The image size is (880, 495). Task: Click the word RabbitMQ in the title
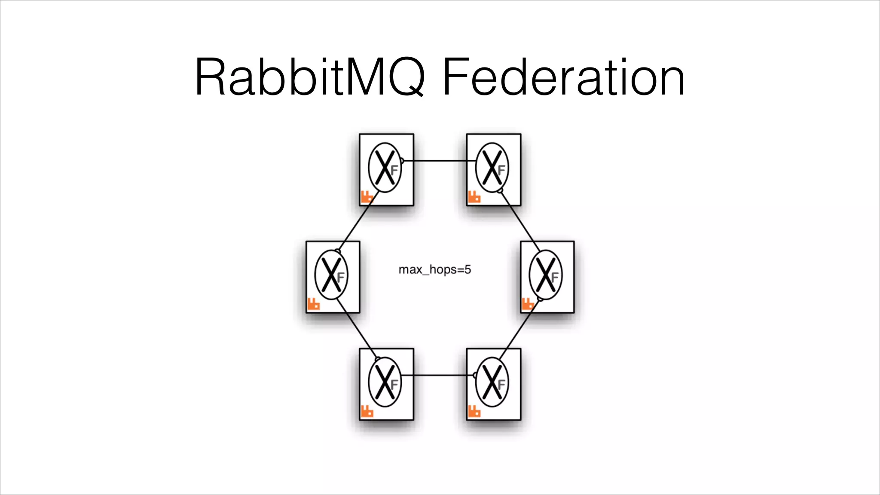pos(309,77)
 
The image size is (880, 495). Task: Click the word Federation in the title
pos(563,77)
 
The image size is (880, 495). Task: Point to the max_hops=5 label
pos(434,269)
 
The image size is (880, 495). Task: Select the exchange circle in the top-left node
pos(385,168)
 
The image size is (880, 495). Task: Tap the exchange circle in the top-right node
pos(492,168)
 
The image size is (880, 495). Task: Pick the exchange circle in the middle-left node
pos(331,275)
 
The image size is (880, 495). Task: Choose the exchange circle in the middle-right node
pos(545,275)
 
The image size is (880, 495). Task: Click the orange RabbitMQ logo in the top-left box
pos(367,197)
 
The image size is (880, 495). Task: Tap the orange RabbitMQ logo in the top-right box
pos(474,197)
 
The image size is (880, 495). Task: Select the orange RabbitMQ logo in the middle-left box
pos(313,304)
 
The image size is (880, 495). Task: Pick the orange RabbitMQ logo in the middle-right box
pos(527,304)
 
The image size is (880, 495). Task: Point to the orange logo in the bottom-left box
pos(367,411)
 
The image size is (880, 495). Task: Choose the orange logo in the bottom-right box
pos(474,411)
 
